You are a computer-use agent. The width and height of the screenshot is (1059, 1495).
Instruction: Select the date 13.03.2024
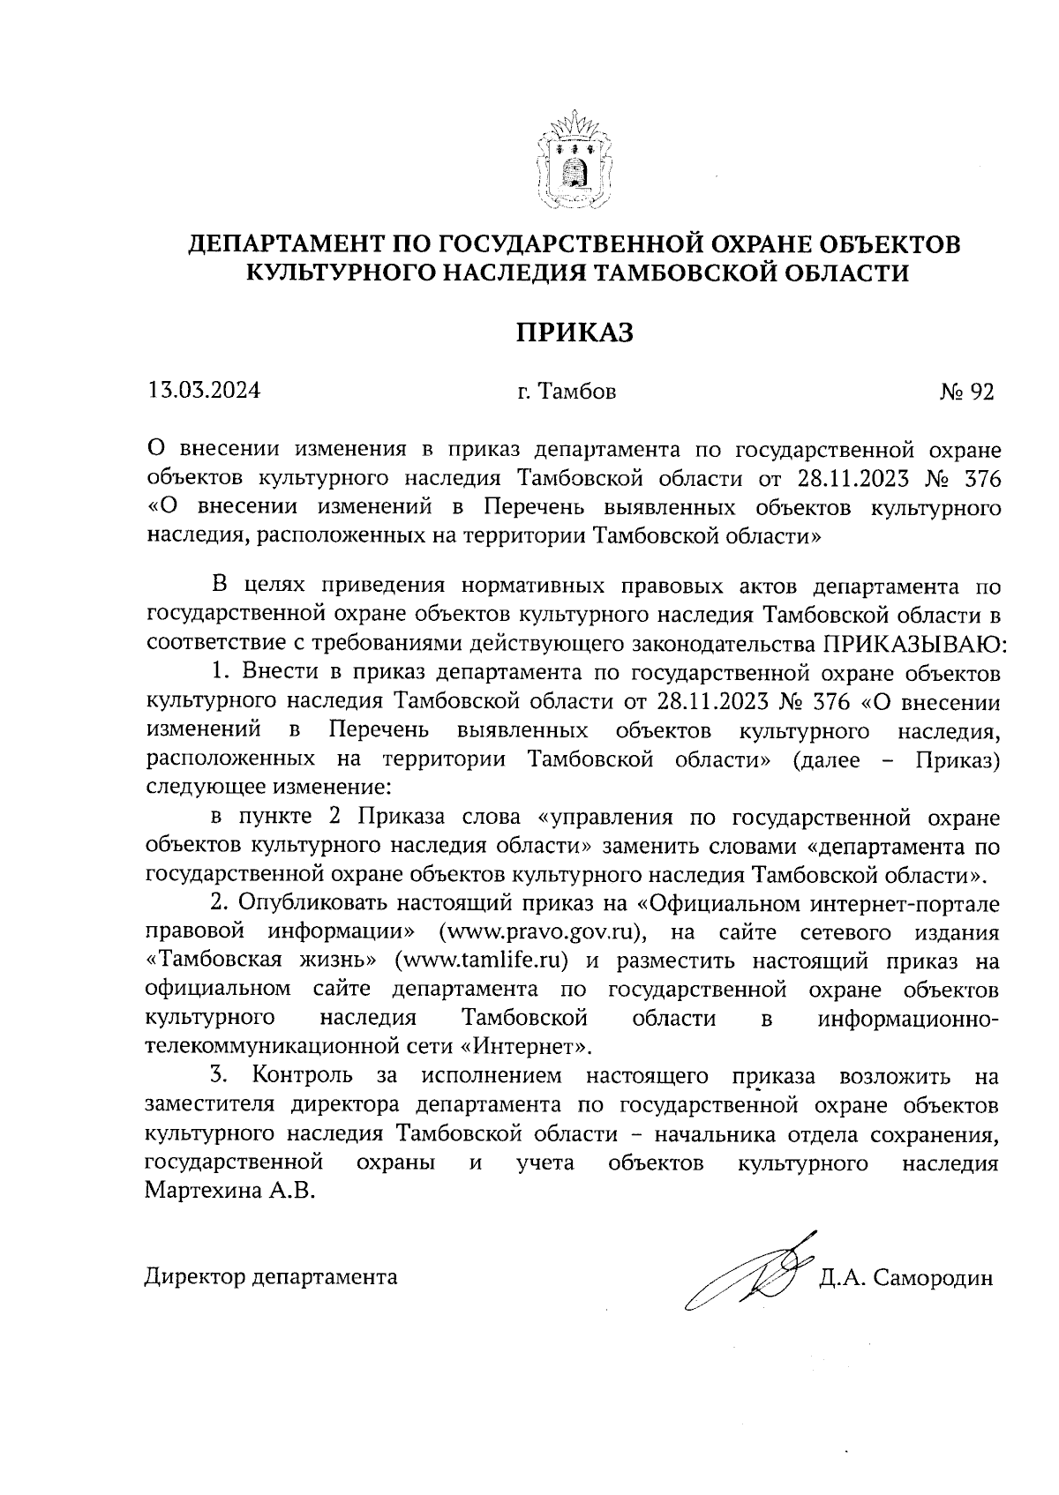click(x=205, y=391)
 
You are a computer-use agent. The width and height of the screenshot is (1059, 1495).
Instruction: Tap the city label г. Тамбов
click(x=567, y=392)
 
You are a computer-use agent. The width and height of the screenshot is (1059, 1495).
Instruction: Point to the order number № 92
click(x=967, y=392)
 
